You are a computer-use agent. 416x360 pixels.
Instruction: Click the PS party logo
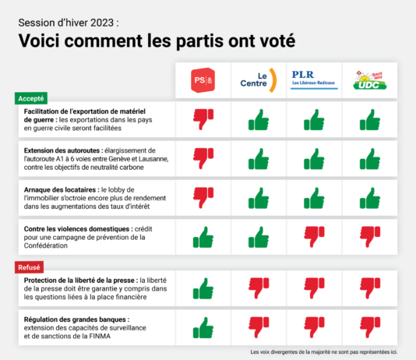[203, 80]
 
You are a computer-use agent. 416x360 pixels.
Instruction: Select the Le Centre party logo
[259, 80]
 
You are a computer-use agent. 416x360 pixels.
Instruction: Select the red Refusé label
[30, 267]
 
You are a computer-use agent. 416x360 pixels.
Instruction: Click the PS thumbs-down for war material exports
[203, 119]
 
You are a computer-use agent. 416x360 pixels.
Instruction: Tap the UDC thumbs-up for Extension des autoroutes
[369, 160]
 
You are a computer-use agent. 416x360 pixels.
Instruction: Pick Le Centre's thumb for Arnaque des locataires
[259, 199]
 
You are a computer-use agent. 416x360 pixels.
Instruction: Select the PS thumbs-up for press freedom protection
[203, 288]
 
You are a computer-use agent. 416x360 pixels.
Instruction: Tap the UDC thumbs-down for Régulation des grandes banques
[369, 327]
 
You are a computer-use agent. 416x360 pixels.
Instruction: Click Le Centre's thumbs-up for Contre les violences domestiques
[259, 236]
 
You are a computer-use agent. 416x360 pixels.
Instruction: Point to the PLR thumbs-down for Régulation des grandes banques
[314, 327]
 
